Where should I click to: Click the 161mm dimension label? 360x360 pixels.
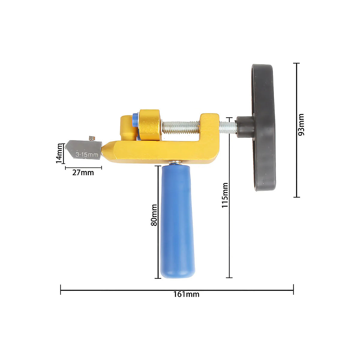[x=186, y=294]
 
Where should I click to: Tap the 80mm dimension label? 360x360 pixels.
[x=154, y=215]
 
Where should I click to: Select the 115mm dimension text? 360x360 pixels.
[x=225, y=195]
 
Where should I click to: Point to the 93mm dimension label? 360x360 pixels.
[x=301, y=124]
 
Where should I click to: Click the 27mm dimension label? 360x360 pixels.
[x=83, y=172]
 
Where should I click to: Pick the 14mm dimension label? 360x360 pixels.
[x=59, y=153]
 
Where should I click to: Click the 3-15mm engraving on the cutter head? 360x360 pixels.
[x=87, y=154]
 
